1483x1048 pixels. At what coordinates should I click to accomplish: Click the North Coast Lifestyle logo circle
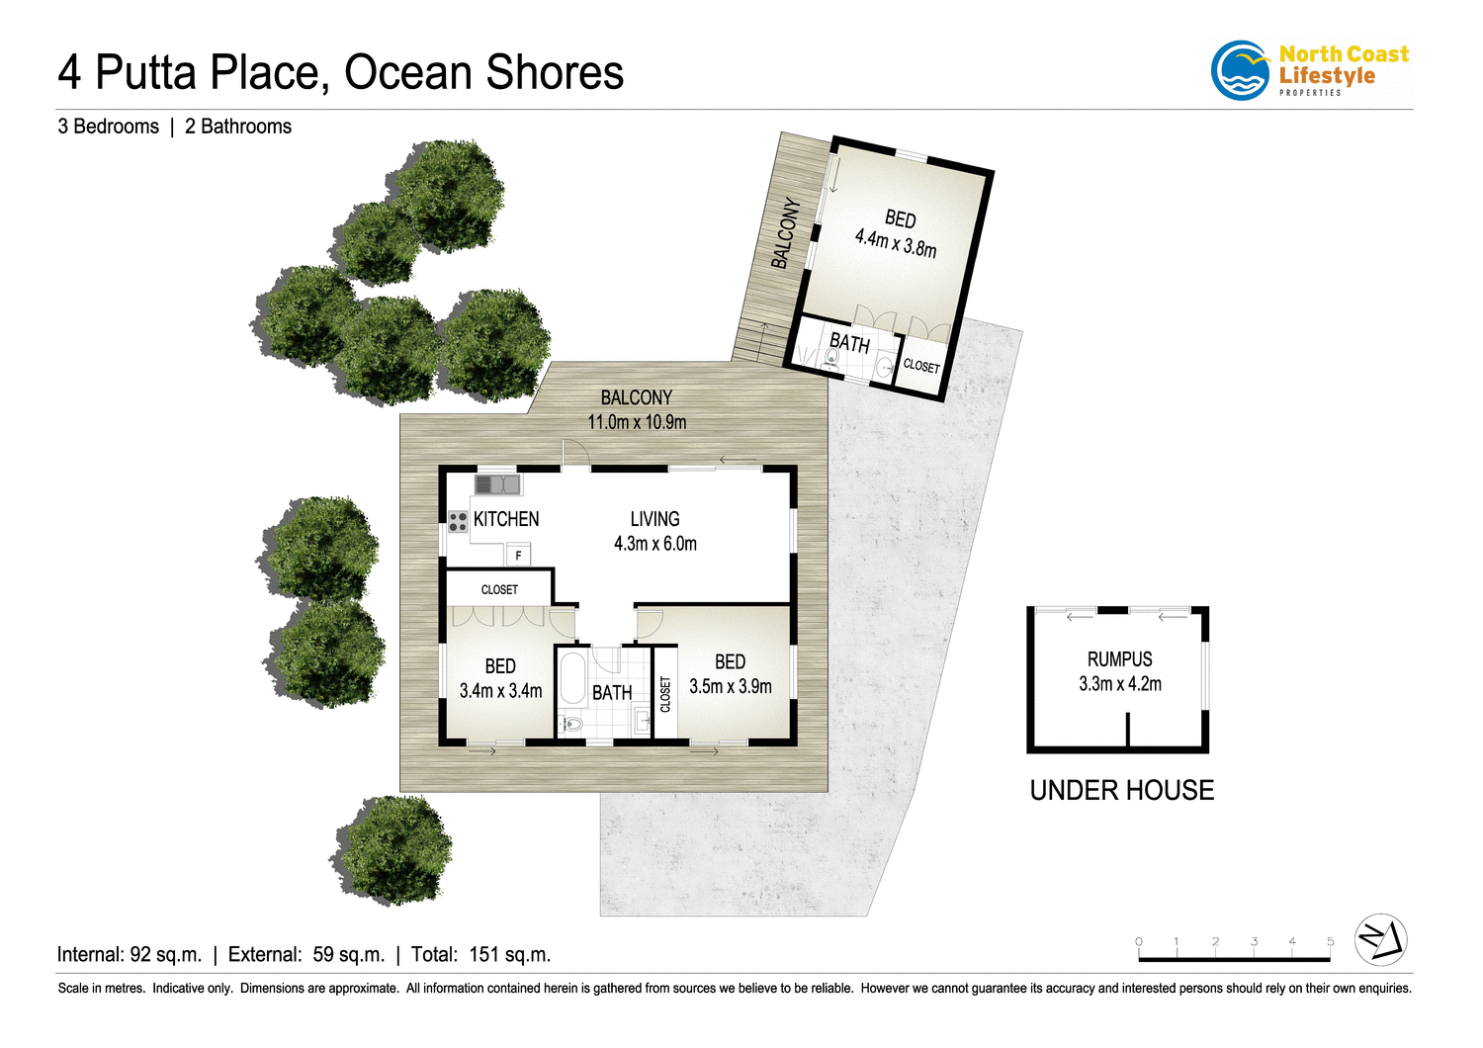click(1241, 71)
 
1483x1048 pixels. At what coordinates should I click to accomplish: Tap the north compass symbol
click(1380, 939)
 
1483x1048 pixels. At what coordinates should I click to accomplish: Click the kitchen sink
click(497, 484)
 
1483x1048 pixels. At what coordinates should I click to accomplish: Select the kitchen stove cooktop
click(458, 521)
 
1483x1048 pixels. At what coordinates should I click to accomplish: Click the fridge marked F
click(518, 556)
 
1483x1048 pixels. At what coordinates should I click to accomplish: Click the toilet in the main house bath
click(571, 725)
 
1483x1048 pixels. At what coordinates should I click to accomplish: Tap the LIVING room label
click(654, 519)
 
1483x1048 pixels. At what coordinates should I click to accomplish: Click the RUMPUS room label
click(1119, 659)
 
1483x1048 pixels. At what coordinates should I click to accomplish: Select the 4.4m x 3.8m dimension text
click(895, 242)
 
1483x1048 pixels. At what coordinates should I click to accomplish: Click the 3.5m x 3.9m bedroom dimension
click(731, 686)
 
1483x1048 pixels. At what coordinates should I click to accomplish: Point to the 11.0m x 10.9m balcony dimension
click(637, 422)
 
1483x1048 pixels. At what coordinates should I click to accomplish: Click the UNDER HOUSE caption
click(1122, 790)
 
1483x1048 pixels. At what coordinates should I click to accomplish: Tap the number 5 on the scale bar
click(1330, 942)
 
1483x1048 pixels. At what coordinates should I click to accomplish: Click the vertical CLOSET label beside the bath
click(665, 694)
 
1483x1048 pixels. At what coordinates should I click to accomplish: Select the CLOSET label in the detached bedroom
click(921, 366)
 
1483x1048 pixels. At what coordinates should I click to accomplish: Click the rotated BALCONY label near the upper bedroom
click(786, 233)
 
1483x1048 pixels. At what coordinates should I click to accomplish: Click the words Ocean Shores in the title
click(483, 73)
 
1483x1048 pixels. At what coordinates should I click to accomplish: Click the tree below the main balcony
click(393, 849)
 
